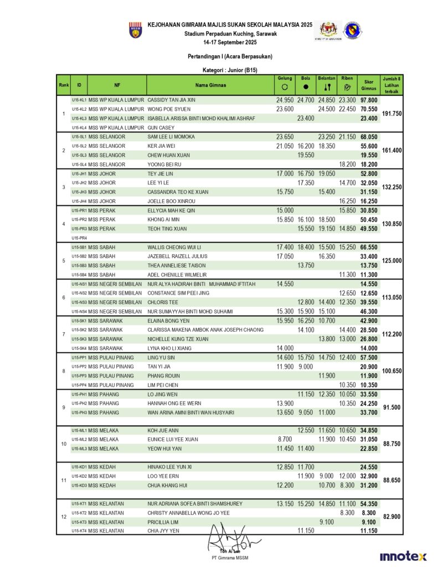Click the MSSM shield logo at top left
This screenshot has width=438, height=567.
pos(135,30)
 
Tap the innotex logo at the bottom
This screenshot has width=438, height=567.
pos(403,556)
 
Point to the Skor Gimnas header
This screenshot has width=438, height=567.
pos(369,85)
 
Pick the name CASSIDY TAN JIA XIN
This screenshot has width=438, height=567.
pos(172,100)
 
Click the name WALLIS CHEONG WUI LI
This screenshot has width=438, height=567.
pos(174,247)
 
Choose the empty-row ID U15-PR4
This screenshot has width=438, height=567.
pos(79,238)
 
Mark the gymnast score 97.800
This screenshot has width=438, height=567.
pos(369,100)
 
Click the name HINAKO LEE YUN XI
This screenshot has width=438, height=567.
pos(169,467)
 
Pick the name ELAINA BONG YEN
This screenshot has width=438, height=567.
pos(168,321)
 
